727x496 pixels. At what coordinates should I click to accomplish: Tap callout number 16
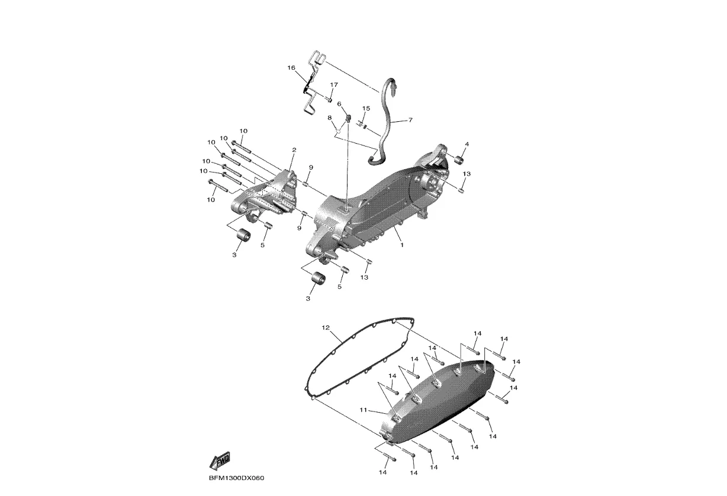(x=291, y=68)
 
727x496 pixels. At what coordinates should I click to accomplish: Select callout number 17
(x=334, y=85)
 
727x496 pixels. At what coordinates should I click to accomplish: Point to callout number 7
(x=410, y=120)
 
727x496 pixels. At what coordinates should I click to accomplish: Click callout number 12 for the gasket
(x=326, y=328)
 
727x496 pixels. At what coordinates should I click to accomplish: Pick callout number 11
(x=363, y=410)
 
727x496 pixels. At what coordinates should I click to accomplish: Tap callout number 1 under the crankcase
(x=402, y=245)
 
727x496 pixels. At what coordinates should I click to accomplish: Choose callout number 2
(x=294, y=150)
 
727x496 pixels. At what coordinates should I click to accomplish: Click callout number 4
(x=467, y=144)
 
